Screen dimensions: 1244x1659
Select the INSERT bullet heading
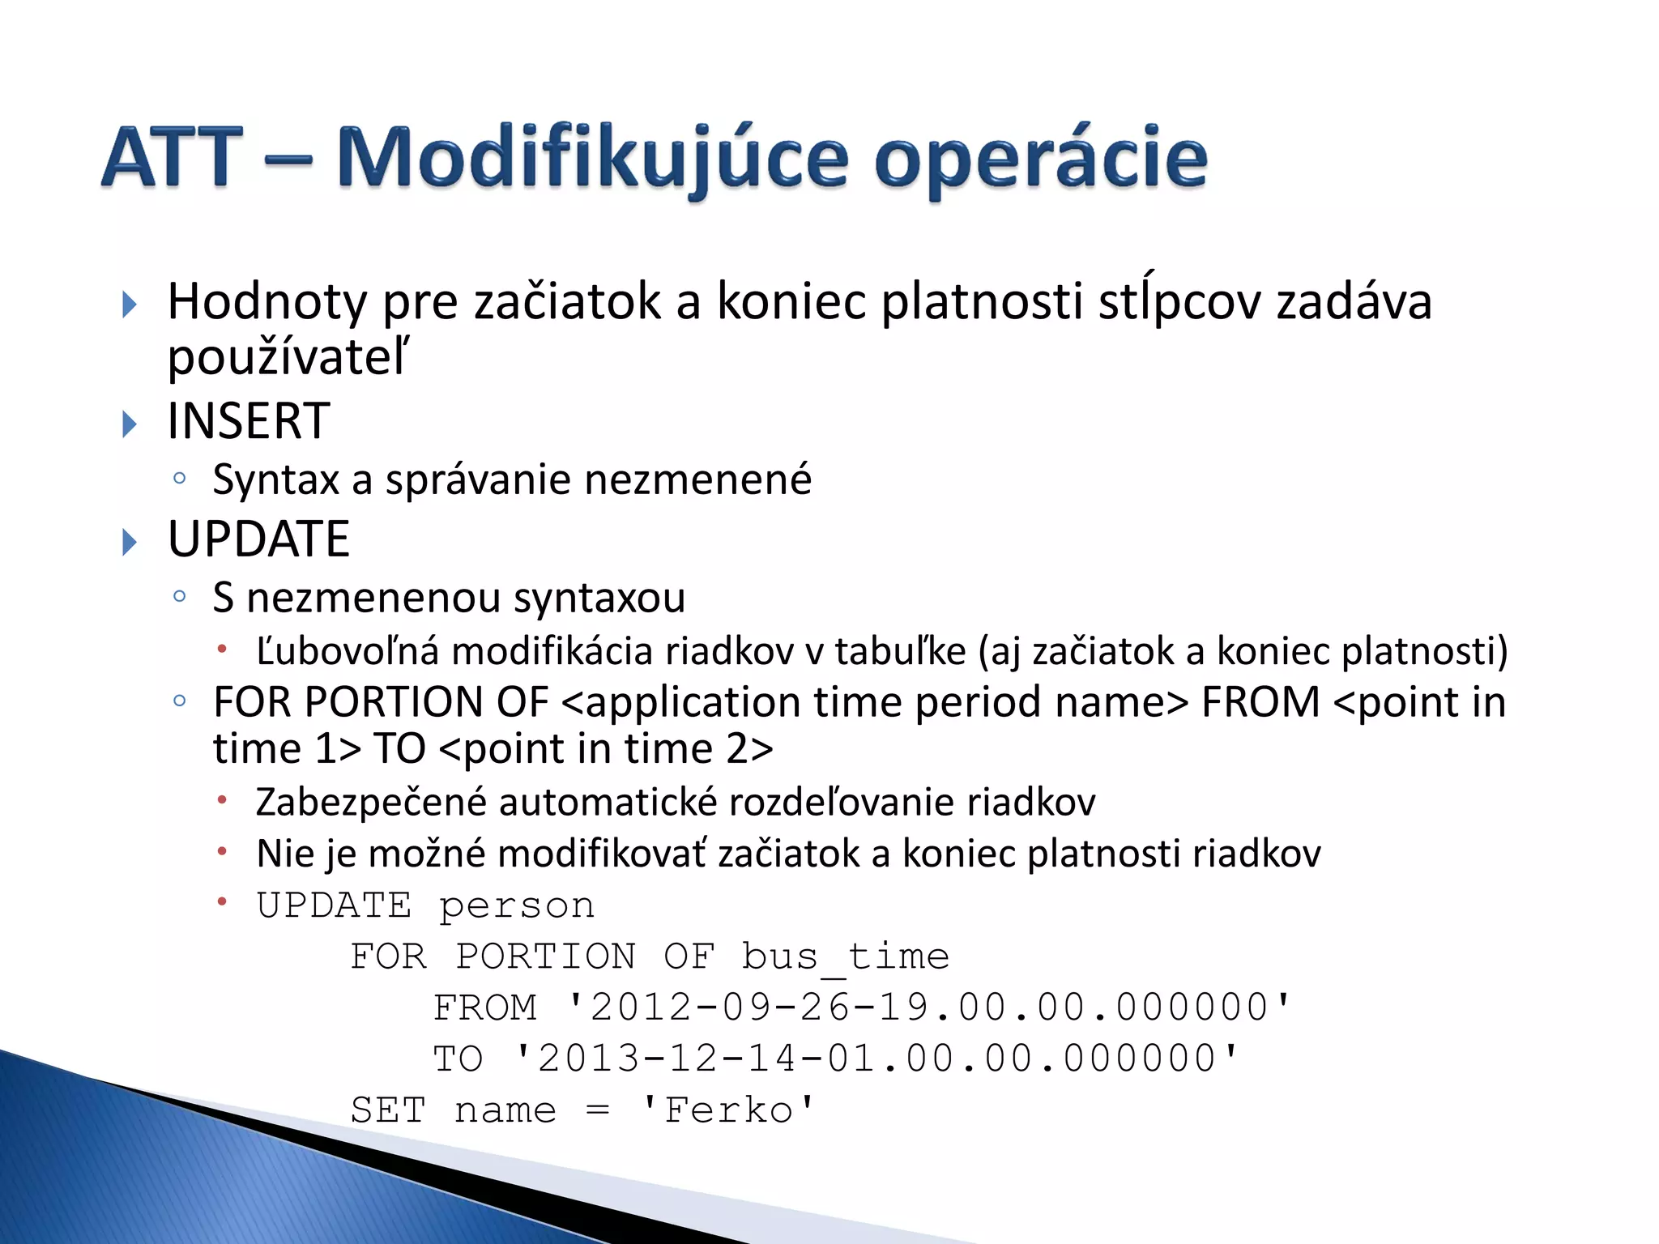(x=248, y=421)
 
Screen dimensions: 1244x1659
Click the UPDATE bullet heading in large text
(x=258, y=539)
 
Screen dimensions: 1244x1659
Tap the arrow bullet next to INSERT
(x=129, y=424)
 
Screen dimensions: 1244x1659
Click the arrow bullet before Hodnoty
(x=129, y=305)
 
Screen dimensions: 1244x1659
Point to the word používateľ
(x=288, y=357)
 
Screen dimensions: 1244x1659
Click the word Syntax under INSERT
(x=275, y=479)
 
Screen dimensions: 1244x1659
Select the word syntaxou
(x=599, y=598)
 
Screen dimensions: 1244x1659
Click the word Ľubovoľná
(x=348, y=651)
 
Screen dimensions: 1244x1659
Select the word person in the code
(x=516, y=905)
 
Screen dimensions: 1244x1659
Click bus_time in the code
(x=845, y=956)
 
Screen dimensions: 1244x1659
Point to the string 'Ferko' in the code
(x=727, y=1110)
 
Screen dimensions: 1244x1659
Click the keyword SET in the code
(x=387, y=1110)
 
